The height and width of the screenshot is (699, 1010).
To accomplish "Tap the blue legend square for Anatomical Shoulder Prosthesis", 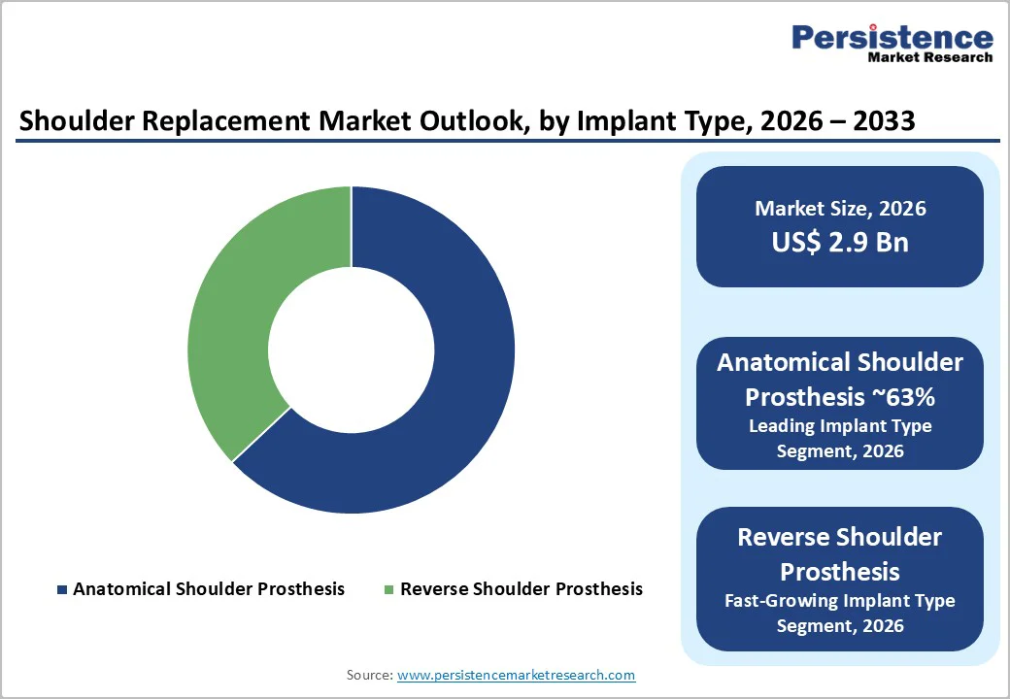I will coord(63,589).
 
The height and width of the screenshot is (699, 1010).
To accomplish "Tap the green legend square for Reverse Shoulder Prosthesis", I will coord(389,589).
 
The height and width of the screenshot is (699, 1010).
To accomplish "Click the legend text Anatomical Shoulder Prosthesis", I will coord(209,589).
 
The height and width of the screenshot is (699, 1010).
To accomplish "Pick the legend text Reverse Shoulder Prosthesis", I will coord(522,589).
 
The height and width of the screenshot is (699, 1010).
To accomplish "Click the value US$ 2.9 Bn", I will coord(840,242).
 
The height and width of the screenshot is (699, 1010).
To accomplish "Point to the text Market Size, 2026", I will coord(840,209).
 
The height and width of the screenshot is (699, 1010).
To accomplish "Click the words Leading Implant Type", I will coord(840,426).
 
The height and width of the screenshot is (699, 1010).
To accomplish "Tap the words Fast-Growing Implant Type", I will coord(840,601).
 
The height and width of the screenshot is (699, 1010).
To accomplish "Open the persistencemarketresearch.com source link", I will coord(516,675).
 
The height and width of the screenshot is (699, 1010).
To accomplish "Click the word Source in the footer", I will coord(369,675).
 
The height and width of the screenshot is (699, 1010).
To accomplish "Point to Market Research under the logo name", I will coord(929,57).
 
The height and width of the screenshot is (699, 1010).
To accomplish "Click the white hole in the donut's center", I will coord(351,349).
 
